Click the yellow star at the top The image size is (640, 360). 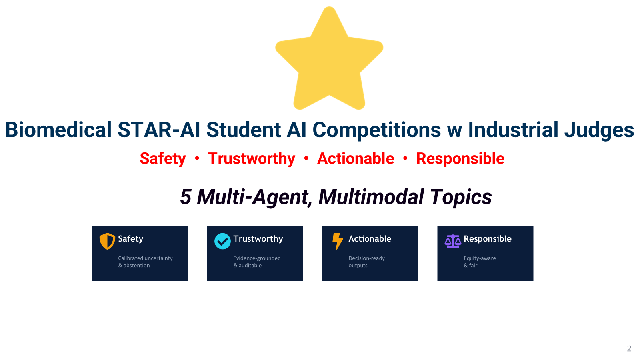click(x=329, y=60)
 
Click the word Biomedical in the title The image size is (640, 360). click(x=58, y=130)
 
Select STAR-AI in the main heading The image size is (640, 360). click(x=158, y=130)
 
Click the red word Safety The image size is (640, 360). click(x=163, y=159)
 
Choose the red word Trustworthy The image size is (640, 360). click(x=252, y=159)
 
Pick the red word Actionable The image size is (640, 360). click(x=356, y=158)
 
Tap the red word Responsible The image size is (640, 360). click(x=460, y=159)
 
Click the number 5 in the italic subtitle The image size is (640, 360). click(x=186, y=197)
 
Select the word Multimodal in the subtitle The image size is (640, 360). click(x=371, y=197)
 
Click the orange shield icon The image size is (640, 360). click(x=107, y=241)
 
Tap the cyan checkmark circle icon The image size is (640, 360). click(x=222, y=241)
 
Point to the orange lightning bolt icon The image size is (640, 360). click(x=338, y=241)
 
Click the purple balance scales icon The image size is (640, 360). click(x=453, y=241)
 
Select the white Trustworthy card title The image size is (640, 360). click(x=258, y=239)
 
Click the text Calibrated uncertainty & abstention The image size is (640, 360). click(x=145, y=262)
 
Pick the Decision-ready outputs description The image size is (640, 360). click(x=366, y=262)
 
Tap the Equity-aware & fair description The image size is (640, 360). click(x=480, y=262)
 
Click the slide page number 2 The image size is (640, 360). click(x=629, y=348)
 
